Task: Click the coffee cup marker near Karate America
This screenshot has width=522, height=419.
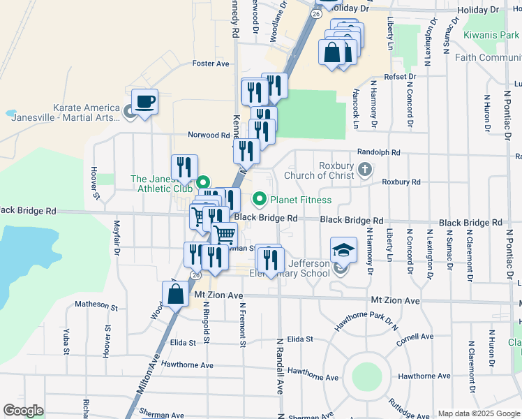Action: point(144,102)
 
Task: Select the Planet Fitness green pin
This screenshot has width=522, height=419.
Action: point(260,200)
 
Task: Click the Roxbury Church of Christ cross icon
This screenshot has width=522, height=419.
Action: point(364,169)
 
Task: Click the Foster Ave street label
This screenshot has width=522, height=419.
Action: point(211,64)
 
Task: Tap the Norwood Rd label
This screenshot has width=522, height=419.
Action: point(209,135)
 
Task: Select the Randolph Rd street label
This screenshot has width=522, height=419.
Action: point(378,152)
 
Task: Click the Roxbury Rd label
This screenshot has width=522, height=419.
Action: point(401,182)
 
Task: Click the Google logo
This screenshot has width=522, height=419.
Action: point(24,411)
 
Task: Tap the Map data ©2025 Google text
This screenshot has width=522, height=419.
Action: point(478,413)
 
